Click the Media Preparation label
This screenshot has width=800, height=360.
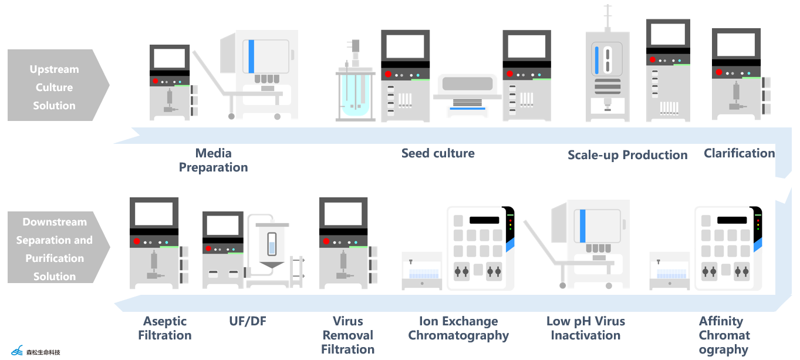pos(213,160)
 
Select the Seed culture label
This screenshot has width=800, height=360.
pos(438,153)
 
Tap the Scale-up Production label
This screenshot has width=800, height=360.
pos(627,155)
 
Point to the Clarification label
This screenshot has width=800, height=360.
pos(739,153)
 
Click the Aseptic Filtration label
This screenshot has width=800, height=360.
pos(165,328)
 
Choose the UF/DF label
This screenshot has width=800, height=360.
pos(248,321)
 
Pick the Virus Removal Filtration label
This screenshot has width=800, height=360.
pos(347,335)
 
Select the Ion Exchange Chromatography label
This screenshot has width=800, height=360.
pos(458,328)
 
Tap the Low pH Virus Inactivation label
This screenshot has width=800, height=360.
pos(585,328)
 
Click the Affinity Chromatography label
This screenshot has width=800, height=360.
pos(724,335)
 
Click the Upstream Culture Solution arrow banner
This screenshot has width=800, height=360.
pos(55,87)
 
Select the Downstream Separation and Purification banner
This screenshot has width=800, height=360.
pos(55,248)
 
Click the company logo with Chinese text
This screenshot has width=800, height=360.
pos(36,351)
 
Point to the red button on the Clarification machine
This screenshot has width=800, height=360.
pos(718,73)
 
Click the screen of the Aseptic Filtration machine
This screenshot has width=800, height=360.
pos(154,214)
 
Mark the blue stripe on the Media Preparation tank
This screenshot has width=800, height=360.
pos(251,56)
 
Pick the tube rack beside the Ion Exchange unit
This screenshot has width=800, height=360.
pos(422,274)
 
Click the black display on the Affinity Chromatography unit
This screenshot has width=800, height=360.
pos(732,220)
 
